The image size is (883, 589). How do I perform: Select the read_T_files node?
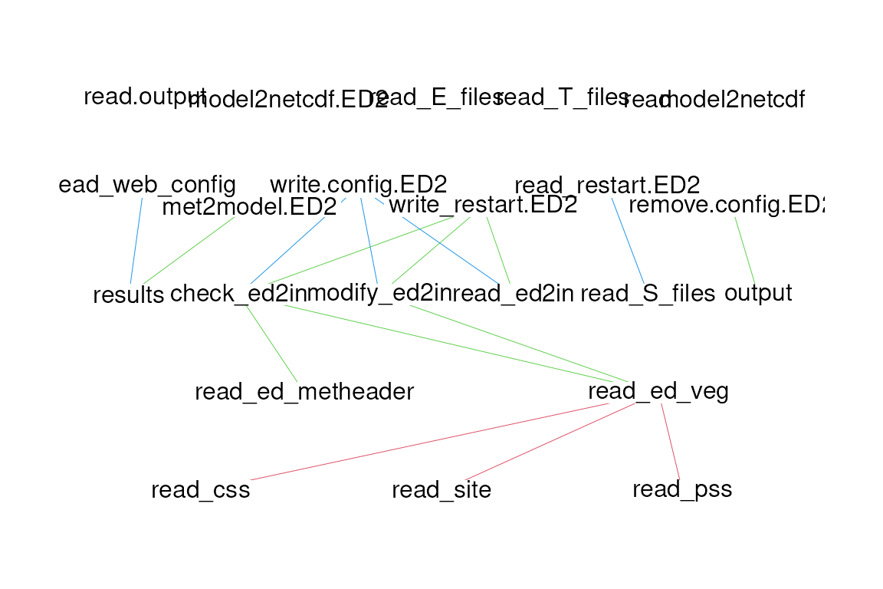pyautogui.click(x=564, y=98)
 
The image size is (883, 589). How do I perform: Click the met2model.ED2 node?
pyautogui.click(x=249, y=207)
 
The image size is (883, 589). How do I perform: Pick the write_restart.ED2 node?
pyautogui.click(x=482, y=206)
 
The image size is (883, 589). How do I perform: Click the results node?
pyautogui.click(x=128, y=294)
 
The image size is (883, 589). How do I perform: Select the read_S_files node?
pyautogui.click(x=648, y=294)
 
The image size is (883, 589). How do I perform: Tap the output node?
pyautogui.click(x=757, y=294)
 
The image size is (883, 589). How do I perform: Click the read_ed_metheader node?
pyautogui.click(x=304, y=393)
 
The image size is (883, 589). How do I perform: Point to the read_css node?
pyautogui.click(x=201, y=490)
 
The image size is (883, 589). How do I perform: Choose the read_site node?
pyautogui.click(x=441, y=490)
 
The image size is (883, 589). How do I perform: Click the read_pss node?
pyautogui.click(x=682, y=490)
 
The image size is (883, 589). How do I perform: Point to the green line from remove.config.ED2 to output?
pyautogui.click(x=745, y=250)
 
